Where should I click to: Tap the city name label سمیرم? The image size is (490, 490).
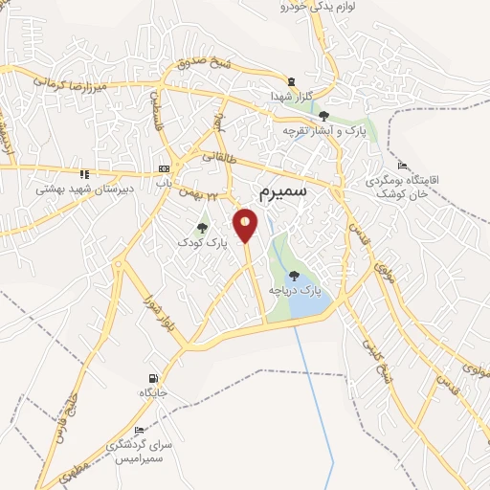(284, 190)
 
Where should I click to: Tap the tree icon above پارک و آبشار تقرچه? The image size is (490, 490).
(323, 116)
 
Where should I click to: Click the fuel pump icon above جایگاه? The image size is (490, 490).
(153, 377)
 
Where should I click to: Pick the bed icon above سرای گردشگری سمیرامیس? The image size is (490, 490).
(140, 430)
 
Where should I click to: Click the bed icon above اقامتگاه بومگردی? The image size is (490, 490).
(402, 166)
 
